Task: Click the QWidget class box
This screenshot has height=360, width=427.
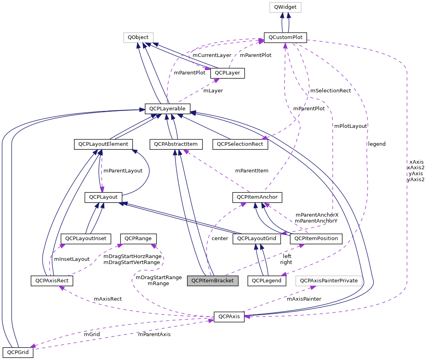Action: coord(285,7)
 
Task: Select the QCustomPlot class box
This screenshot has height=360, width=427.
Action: coord(285,38)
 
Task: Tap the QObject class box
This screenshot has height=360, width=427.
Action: coord(138,38)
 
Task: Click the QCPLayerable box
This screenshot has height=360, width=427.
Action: coord(168,108)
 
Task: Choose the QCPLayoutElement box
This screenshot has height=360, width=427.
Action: coord(103,144)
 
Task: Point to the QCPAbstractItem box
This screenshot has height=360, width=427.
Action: coord(176,144)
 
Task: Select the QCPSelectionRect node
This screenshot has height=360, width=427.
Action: coord(240,144)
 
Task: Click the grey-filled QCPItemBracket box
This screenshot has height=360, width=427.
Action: coord(213,281)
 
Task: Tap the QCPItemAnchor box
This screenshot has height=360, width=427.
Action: coord(257,197)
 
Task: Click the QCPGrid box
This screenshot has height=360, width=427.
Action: coord(18,352)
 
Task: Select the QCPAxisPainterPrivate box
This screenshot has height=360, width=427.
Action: coord(329,281)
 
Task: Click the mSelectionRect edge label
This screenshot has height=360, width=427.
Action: coord(330,91)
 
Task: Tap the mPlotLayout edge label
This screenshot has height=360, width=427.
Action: coord(350,126)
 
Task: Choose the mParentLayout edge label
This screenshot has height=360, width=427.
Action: coord(123,171)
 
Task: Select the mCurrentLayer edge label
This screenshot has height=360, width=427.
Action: coord(212,55)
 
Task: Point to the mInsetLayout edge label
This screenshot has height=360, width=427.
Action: coord(72,259)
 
